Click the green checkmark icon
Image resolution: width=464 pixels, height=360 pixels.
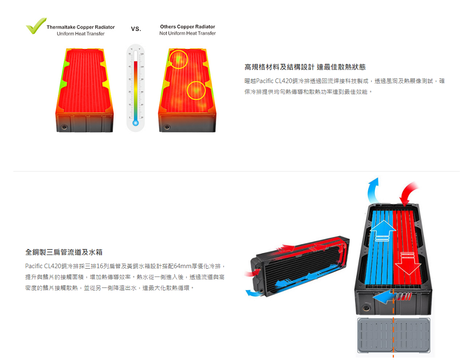[x=36, y=27]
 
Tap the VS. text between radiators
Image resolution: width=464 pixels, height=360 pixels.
[x=136, y=29]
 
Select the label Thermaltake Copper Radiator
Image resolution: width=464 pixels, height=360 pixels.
[x=81, y=27]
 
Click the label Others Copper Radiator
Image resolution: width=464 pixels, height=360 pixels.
[x=188, y=27]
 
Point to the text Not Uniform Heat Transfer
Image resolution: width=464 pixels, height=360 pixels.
[x=188, y=33]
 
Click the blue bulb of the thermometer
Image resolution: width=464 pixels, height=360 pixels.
[x=135, y=123]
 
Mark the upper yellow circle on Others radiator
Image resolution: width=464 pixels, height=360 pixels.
[x=178, y=59]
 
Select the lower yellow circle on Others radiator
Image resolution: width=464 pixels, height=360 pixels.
[x=196, y=90]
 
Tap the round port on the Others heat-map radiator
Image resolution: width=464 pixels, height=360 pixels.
[x=167, y=127]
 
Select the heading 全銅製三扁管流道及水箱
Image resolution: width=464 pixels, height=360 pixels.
[x=64, y=252]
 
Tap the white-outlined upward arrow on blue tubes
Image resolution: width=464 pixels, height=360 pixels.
[x=382, y=229]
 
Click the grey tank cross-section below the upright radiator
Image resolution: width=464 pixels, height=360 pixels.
[x=393, y=336]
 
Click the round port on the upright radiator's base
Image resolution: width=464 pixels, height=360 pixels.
[x=366, y=307]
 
